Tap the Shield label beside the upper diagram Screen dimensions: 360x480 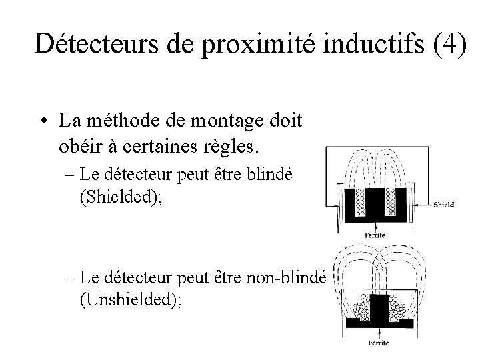(444, 204)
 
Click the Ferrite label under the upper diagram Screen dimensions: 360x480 (375, 235)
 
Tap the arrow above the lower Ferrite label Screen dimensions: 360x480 (377, 331)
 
